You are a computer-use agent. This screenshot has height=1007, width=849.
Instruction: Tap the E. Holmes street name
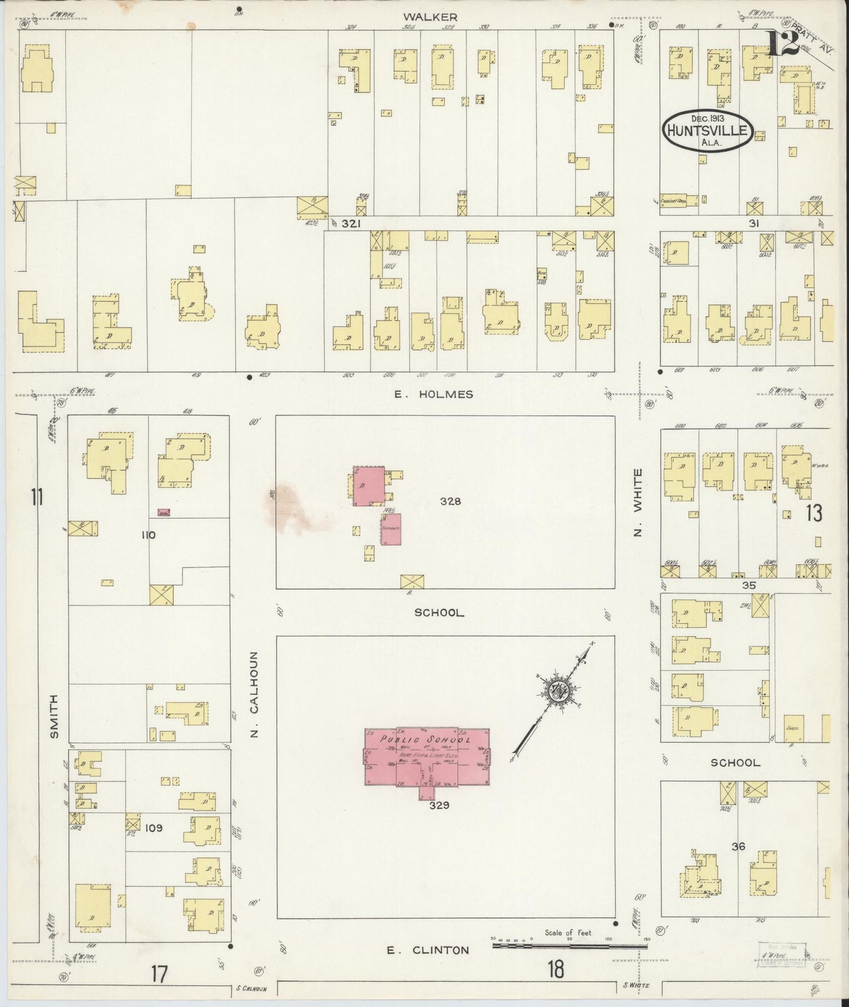[434, 394]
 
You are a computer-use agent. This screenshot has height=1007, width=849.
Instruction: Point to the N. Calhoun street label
[254, 693]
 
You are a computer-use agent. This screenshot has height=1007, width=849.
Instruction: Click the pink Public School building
[427, 758]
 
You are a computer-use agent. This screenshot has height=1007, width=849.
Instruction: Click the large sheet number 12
[781, 43]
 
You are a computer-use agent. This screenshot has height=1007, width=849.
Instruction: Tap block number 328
[451, 501]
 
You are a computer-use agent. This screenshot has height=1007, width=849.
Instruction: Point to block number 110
[148, 535]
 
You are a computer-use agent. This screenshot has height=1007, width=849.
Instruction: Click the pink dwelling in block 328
[368, 486]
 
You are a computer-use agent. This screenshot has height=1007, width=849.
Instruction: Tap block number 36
[738, 847]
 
